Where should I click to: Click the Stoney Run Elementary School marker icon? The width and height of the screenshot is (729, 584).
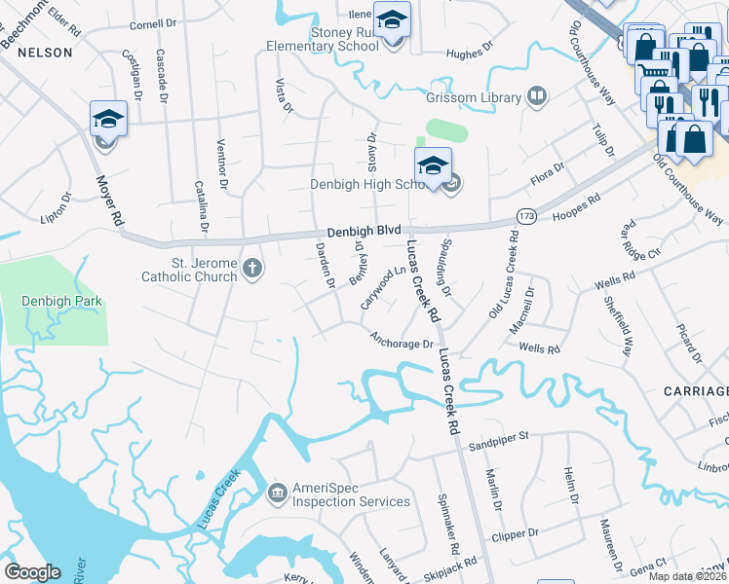click(393, 19)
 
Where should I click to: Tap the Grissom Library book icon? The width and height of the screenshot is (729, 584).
click(535, 96)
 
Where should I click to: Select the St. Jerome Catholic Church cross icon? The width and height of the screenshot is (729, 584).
click(252, 268)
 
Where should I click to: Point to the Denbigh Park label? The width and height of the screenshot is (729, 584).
click(61, 302)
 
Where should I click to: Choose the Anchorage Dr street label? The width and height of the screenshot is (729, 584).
click(401, 341)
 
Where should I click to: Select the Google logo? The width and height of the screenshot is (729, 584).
click(32, 572)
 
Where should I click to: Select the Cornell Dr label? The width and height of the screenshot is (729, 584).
click(149, 24)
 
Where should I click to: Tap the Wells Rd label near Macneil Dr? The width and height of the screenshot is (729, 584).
click(540, 347)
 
